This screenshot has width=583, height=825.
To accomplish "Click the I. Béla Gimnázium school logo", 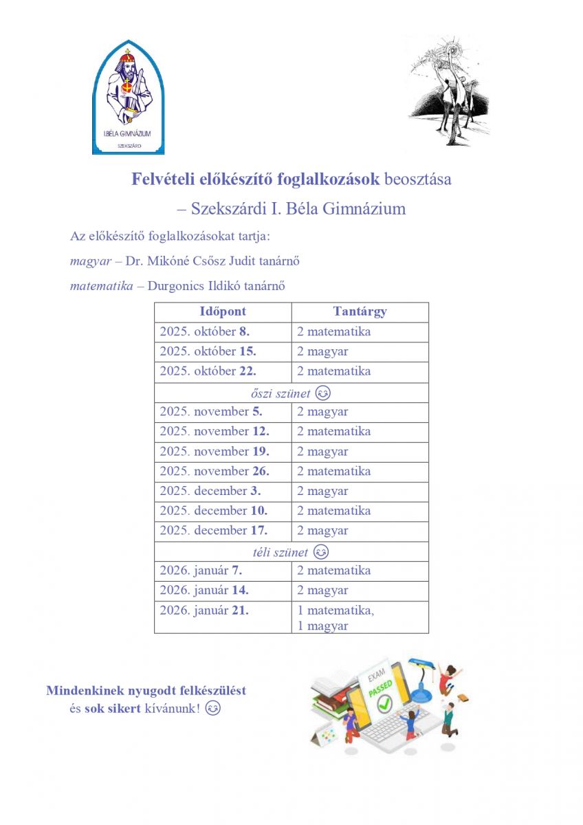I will pos(129,97).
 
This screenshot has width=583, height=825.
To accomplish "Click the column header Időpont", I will pos(223,311).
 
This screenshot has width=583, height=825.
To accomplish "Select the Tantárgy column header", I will pos(360,311).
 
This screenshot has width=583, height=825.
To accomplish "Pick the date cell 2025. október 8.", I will pos(205,332).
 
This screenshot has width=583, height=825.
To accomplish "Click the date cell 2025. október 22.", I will pos(208,371).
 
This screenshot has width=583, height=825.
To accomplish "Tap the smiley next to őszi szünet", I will pos(322,394).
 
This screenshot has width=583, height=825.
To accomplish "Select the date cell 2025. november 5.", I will pos(211,412).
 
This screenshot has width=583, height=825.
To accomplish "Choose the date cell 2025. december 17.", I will pos(214,531).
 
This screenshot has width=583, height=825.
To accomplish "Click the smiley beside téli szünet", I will pos(320,552).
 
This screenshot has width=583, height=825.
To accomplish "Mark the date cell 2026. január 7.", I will pos(201,571).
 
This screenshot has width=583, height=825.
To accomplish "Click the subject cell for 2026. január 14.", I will pos(322,591).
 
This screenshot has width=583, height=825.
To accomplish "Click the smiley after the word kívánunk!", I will pos(214,708).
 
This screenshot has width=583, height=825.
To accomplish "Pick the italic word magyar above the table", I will pos(90,261).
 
